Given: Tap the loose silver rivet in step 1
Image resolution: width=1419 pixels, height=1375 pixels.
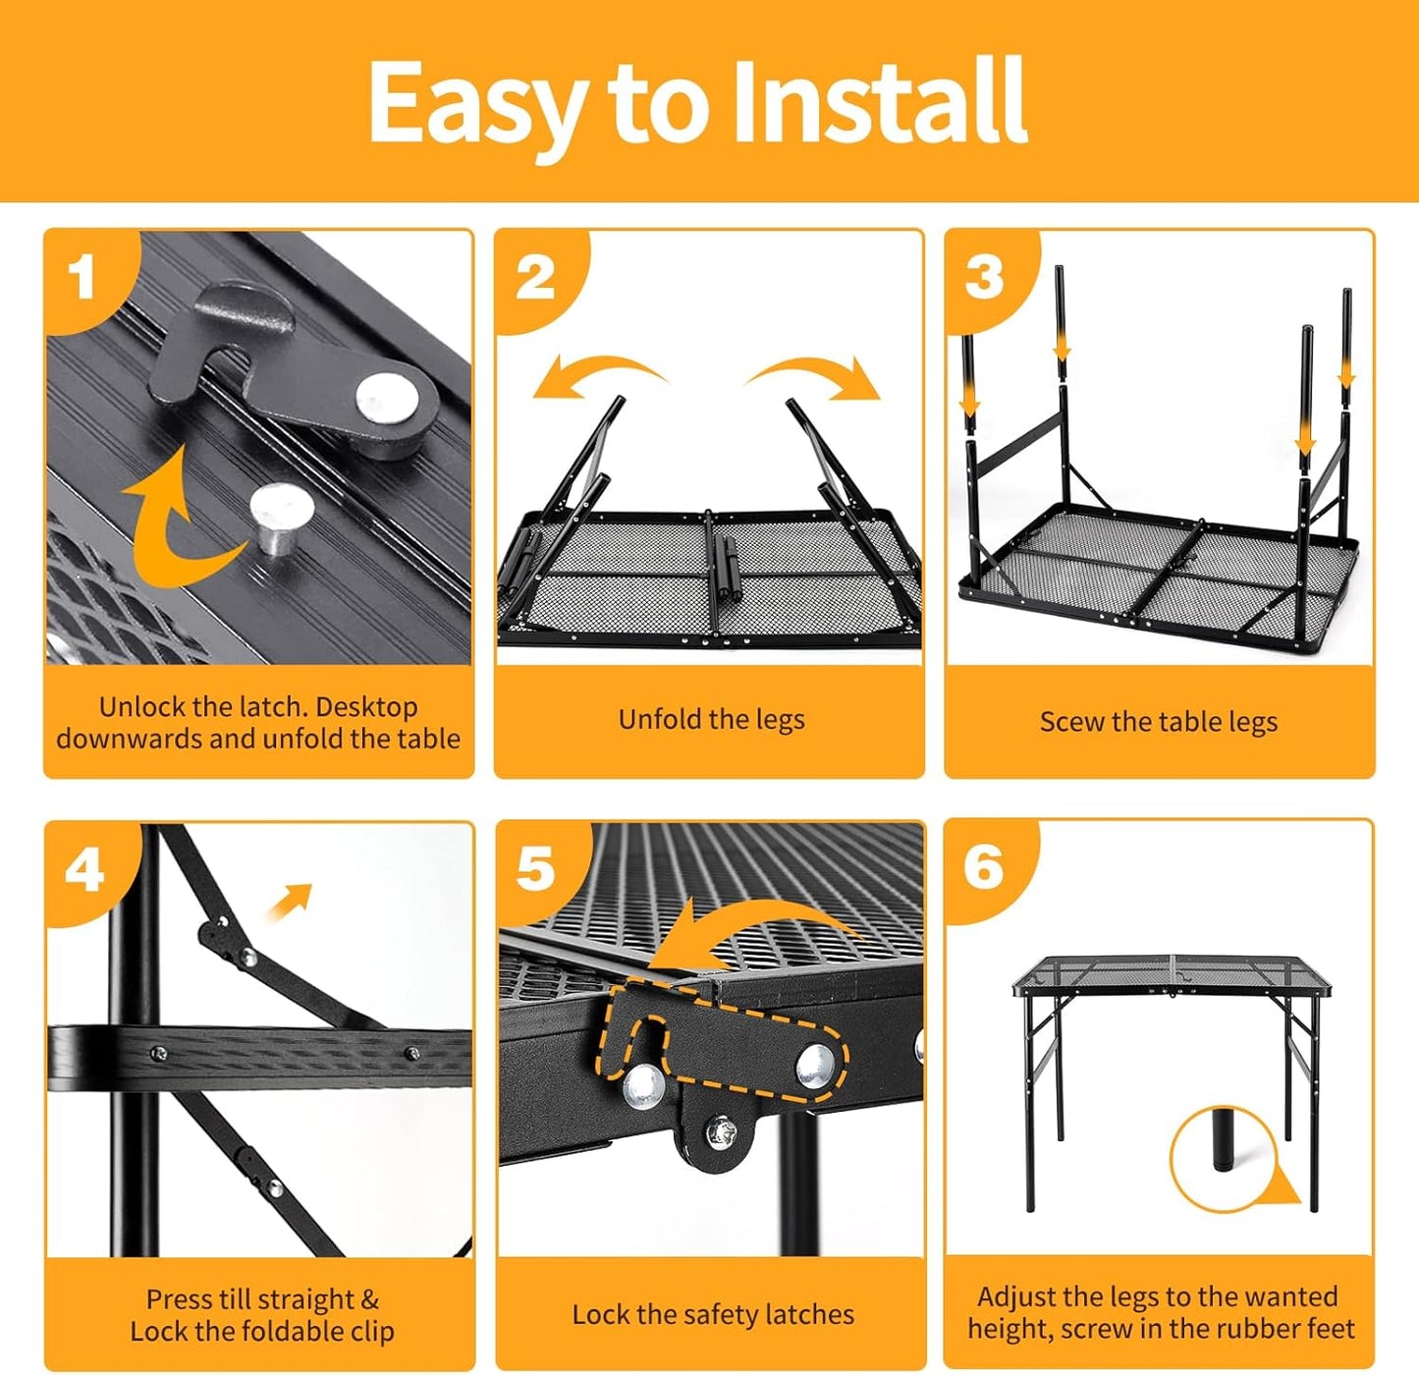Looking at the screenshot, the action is pos(281,515).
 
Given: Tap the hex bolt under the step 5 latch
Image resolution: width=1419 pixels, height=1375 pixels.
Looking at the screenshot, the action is pos(721,1131).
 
